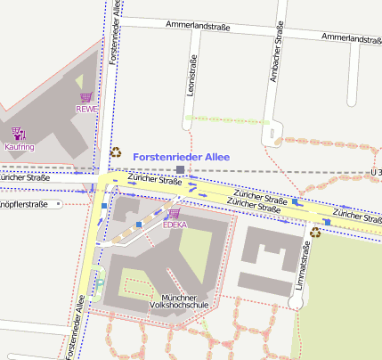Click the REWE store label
pyautogui.click(x=85, y=110)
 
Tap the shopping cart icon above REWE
pyautogui.click(x=85, y=97)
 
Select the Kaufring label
pyautogui.click(x=20, y=146)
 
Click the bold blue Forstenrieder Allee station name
pyautogui.click(x=182, y=157)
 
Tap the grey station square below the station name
pyautogui.click(x=181, y=169)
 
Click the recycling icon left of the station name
pyautogui.click(x=115, y=152)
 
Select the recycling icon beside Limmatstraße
pyautogui.click(x=316, y=233)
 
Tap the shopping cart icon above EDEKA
pyautogui.click(x=174, y=214)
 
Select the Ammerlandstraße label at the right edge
pyautogui.click(x=351, y=38)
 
